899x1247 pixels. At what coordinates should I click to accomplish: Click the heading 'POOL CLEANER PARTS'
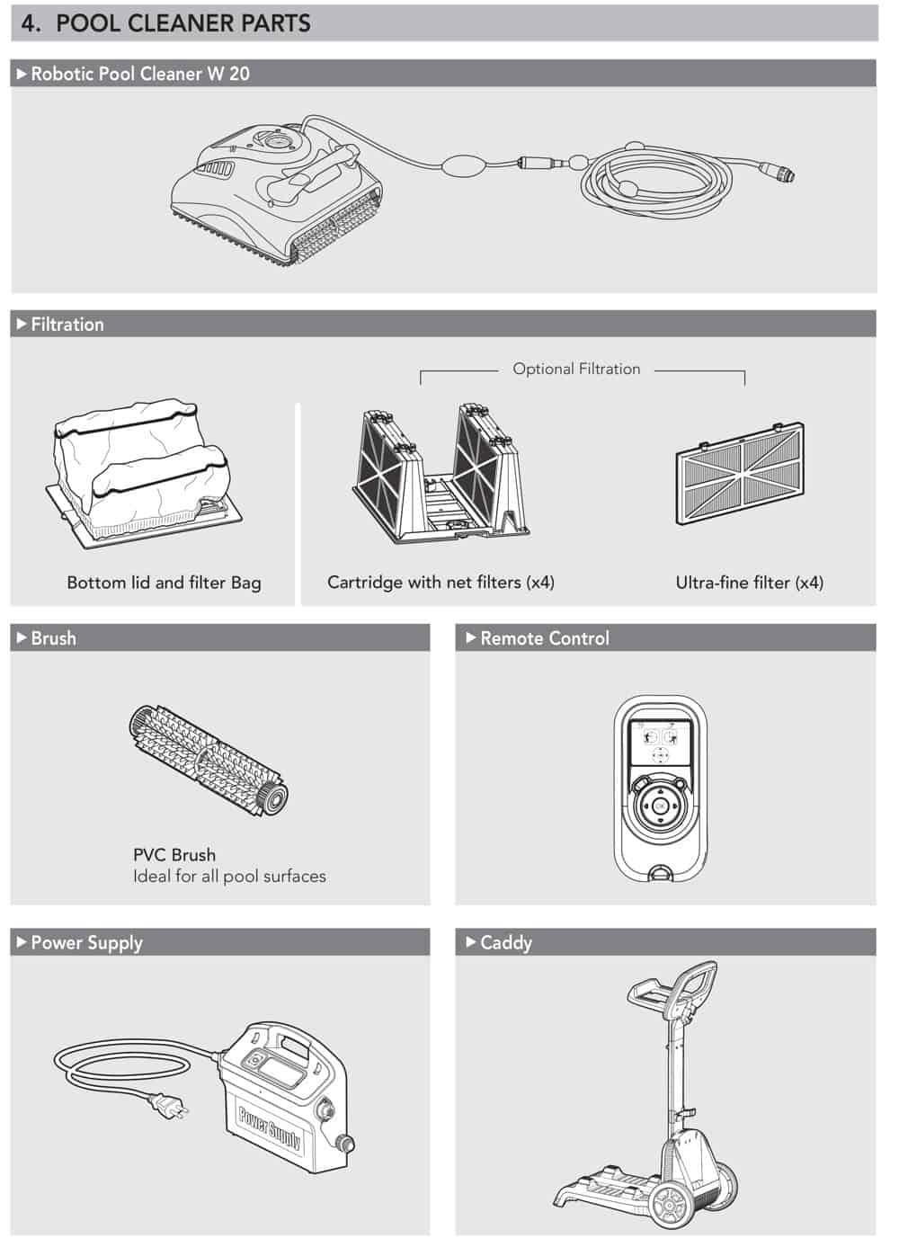183,23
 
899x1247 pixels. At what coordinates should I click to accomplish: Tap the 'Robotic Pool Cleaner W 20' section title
140,74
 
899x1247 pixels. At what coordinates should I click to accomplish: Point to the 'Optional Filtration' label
576,369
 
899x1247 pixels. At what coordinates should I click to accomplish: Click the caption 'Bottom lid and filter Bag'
164,583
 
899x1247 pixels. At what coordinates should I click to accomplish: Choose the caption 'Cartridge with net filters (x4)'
441,583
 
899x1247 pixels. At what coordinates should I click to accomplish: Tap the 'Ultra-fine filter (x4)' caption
749,583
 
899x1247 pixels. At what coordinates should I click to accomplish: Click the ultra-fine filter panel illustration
740,474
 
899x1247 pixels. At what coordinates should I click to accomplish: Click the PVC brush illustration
209,761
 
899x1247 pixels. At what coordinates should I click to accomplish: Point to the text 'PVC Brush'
174,854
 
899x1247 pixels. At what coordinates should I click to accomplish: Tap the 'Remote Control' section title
545,638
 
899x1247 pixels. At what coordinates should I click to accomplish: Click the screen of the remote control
660,743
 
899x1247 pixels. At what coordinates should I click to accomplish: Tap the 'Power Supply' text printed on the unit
270,1127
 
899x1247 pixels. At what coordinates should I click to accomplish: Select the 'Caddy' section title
506,942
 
